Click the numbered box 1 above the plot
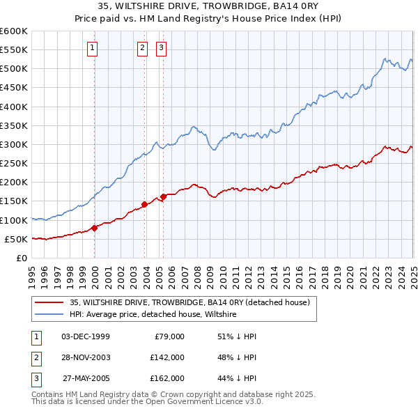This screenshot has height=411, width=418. pyautogui.click(x=93, y=48)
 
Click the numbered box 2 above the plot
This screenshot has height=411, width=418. pyautogui.click(x=142, y=48)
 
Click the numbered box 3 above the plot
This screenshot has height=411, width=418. pyautogui.click(x=161, y=48)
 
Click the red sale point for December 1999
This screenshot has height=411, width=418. pyautogui.click(x=94, y=228)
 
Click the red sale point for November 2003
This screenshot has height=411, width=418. pyautogui.click(x=145, y=204)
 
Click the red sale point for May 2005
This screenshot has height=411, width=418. pyautogui.click(x=164, y=196)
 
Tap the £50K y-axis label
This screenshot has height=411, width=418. pyautogui.click(x=16, y=239)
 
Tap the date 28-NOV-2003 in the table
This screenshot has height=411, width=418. pyautogui.click(x=86, y=357)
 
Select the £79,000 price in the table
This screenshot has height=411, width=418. pyautogui.click(x=167, y=336)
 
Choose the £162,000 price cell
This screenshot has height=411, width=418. pyautogui.click(x=167, y=378)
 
